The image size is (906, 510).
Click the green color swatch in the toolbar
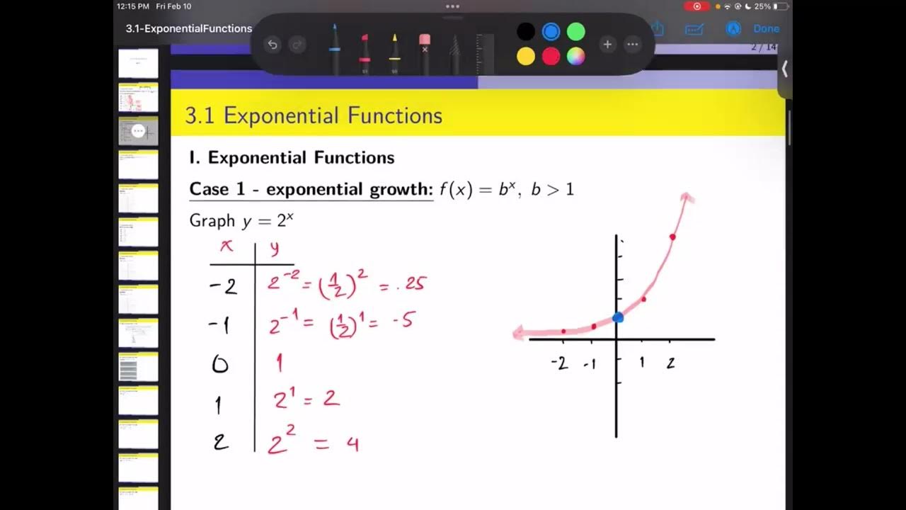[576, 32]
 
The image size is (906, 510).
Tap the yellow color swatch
[525, 57]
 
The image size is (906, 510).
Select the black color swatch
[525, 32]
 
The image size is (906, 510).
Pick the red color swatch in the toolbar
[551, 57]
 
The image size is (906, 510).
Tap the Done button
[766, 29]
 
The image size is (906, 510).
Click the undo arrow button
[273, 45]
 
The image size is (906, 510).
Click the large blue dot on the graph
[618, 317]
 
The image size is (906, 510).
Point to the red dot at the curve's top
[672, 237]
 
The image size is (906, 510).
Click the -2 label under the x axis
[559, 363]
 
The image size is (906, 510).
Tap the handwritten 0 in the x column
[220, 364]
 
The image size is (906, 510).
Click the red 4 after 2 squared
[352, 444]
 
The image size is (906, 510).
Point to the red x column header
[227, 246]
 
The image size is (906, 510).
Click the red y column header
[274, 248]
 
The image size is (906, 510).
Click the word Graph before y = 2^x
[212, 221]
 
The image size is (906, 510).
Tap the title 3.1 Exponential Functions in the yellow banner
[314, 115]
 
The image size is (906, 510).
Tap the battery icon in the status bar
[781, 6]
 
